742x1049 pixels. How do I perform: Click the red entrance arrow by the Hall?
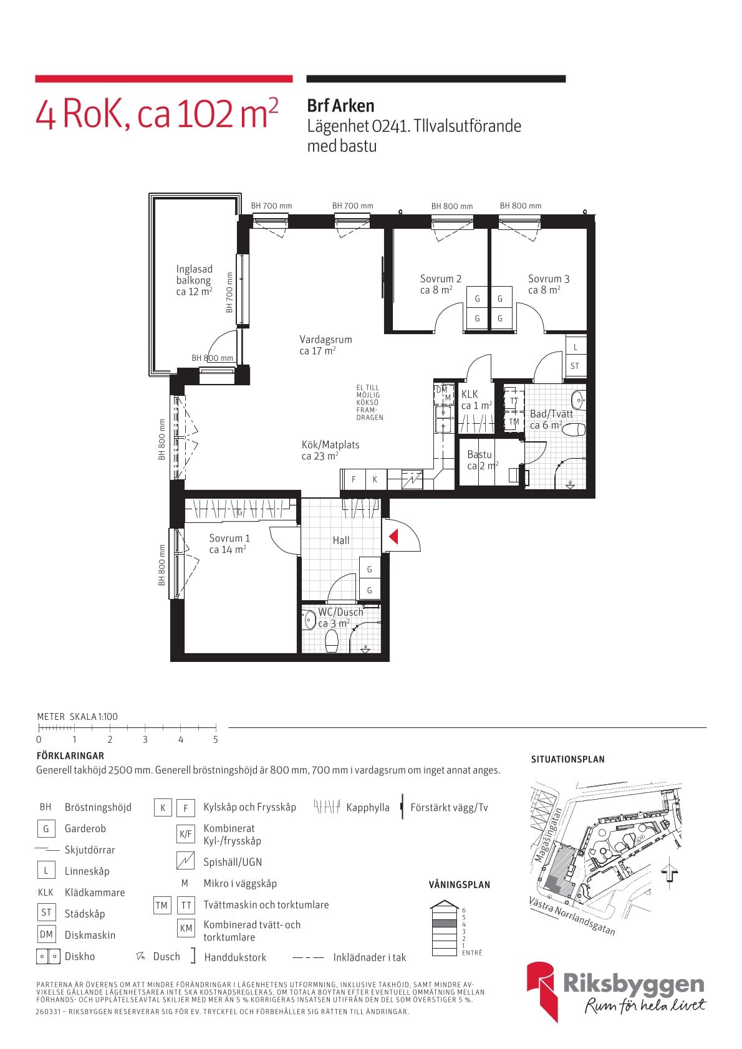(x=393, y=536)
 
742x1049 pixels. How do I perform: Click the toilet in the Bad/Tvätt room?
(x=573, y=429)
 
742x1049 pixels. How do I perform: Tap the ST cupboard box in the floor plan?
(x=576, y=366)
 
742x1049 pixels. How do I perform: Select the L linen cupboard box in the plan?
(x=576, y=347)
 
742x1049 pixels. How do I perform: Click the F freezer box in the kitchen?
(x=354, y=479)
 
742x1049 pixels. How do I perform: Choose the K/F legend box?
(x=186, y=833)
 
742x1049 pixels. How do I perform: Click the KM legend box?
(x=186, y=928)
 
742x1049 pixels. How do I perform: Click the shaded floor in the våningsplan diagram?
(x=443, y=923)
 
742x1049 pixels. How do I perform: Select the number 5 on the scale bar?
(x=216, y=740)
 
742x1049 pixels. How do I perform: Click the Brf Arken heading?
(x=340, y=106)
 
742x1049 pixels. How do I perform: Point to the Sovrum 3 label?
(x=549, y=279)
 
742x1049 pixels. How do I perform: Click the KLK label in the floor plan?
(x=470, y=395)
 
